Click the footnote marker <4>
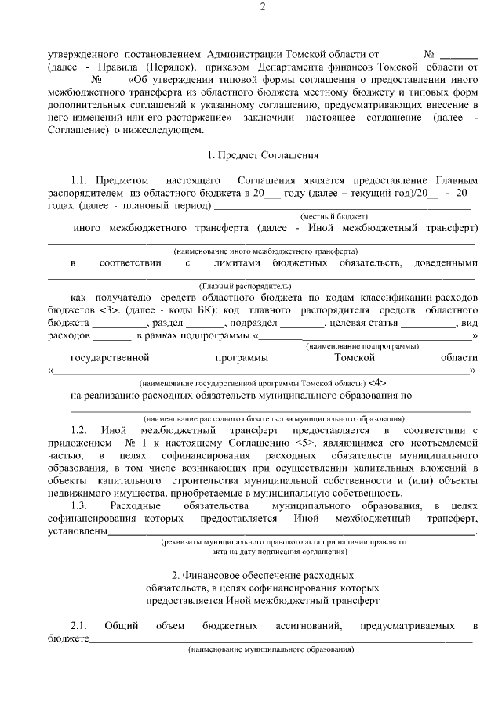click(x=376, y=383)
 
